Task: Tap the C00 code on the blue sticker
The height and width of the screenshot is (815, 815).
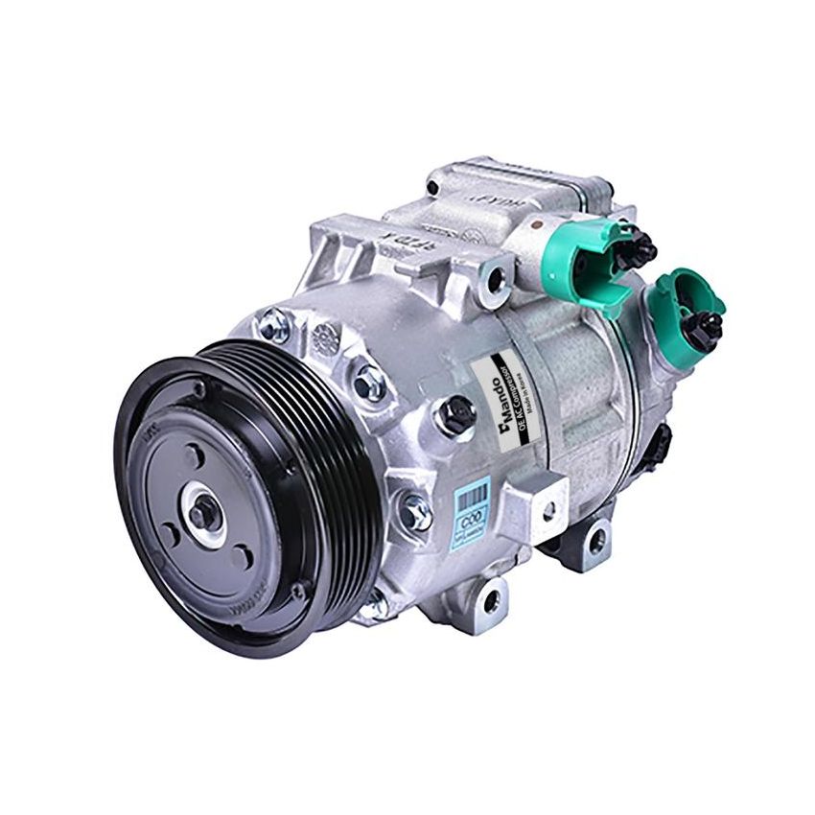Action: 470,523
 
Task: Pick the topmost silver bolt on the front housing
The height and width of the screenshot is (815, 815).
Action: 273,326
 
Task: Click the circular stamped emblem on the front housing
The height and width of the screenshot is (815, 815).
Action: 325,337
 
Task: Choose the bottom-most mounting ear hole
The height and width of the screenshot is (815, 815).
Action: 490,601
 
